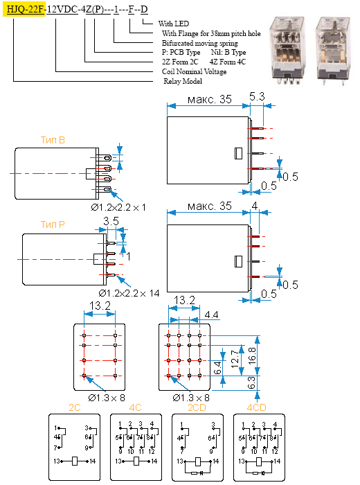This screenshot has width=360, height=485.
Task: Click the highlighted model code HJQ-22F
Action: (24, 10)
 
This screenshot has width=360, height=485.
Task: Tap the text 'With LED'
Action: (173, 24)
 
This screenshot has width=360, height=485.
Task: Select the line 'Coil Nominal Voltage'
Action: (194, 72)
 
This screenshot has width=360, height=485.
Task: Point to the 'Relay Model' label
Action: (183, 81)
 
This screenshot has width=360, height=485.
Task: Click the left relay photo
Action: (287, 51)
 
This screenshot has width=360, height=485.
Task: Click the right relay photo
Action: (332, 51)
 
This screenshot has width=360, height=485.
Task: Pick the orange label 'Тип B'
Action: (53, 140)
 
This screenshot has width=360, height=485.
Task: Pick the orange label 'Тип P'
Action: (53, 224)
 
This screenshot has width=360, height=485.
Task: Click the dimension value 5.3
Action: (257, 97)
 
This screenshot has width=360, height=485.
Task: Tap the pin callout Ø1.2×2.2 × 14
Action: (129, 293)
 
